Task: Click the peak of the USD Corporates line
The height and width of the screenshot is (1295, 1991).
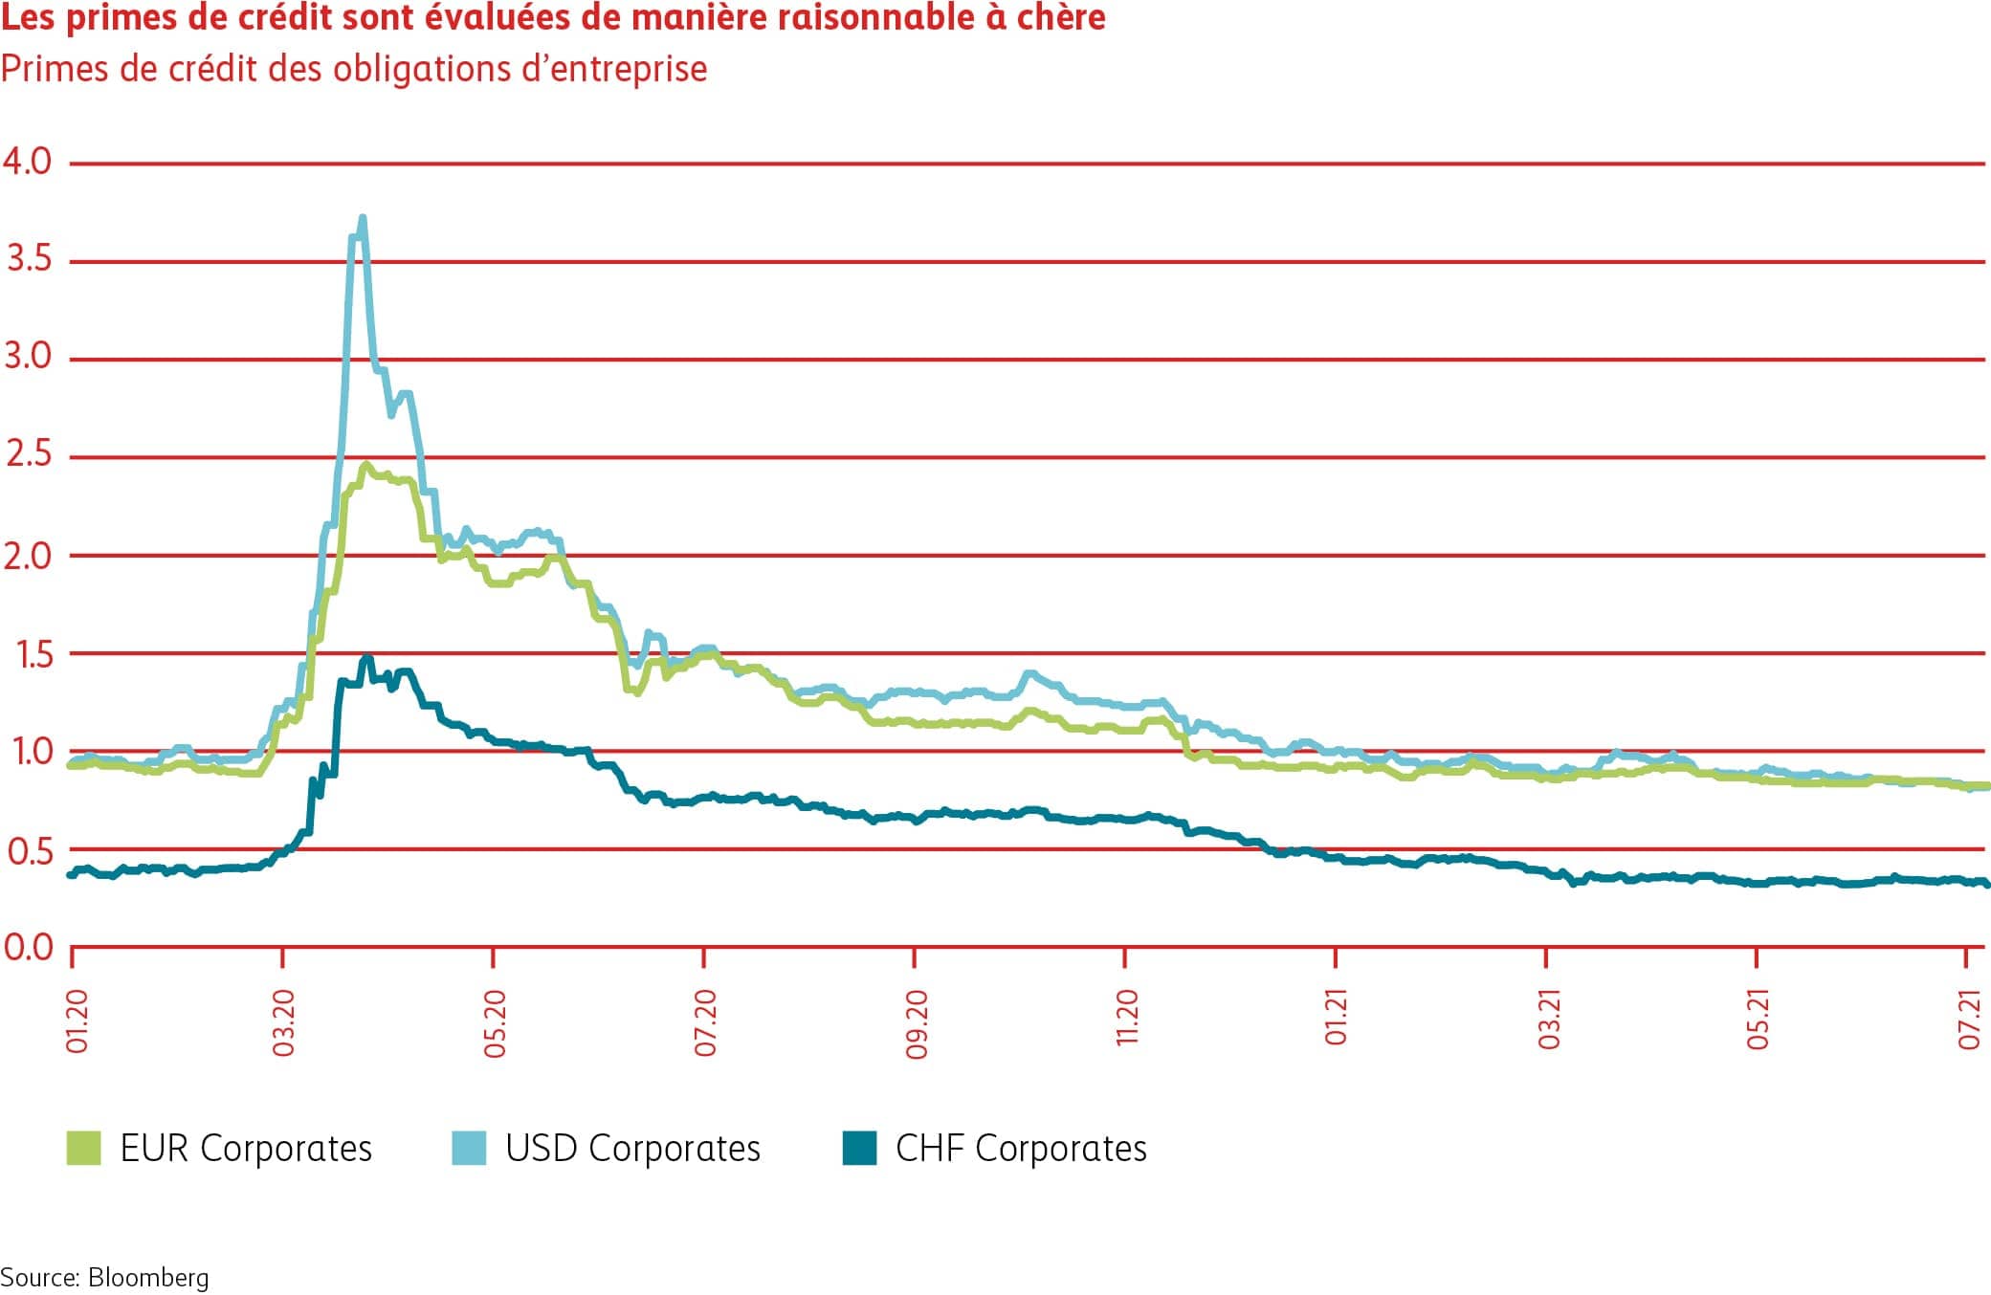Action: tap(363, 219)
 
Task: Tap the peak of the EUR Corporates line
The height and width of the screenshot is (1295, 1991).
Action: tap(365, 465)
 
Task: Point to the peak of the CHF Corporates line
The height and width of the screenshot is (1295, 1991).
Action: tap(365, 659)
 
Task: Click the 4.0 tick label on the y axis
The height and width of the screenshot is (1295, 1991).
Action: tap(27, 161)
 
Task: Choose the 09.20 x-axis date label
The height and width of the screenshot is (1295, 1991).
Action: tap(917, 1024)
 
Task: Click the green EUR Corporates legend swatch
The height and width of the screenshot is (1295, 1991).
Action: tap(83, 1148)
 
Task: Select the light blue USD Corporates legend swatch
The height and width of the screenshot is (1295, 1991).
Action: tap(469, 1148)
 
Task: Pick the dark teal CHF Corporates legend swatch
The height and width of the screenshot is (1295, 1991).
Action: tap(859, 1148)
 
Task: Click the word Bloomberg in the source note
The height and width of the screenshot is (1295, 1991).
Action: tap(148, 1278)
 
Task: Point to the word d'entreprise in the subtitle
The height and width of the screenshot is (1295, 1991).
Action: tap(614, 69)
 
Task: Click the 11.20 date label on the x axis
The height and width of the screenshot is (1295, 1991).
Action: tap(1127, 1018)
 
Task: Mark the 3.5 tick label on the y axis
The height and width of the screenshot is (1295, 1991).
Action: tap(29, 258)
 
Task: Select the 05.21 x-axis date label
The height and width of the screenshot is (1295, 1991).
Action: tap(1759, 1020)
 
